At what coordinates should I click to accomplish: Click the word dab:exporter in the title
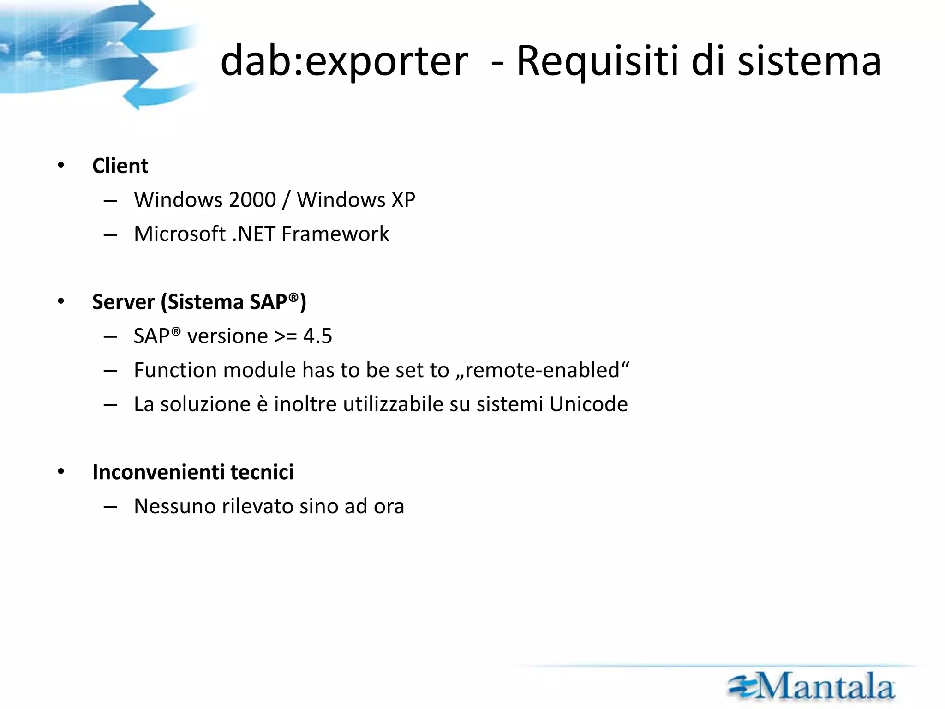point(344,61)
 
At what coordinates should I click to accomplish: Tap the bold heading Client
point(120,166)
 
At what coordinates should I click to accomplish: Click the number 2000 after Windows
point(252,200)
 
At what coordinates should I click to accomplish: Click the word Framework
point(335,234)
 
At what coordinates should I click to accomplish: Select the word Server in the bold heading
point(123,302)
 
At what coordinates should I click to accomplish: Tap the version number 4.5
point(317,336)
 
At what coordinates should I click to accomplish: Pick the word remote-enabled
point(542,370)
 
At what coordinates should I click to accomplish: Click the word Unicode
point(588,404)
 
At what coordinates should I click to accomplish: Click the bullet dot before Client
point(61,166)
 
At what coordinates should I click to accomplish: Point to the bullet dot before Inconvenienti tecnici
point(61,472)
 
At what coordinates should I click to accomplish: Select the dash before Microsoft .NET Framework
point(110,235)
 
